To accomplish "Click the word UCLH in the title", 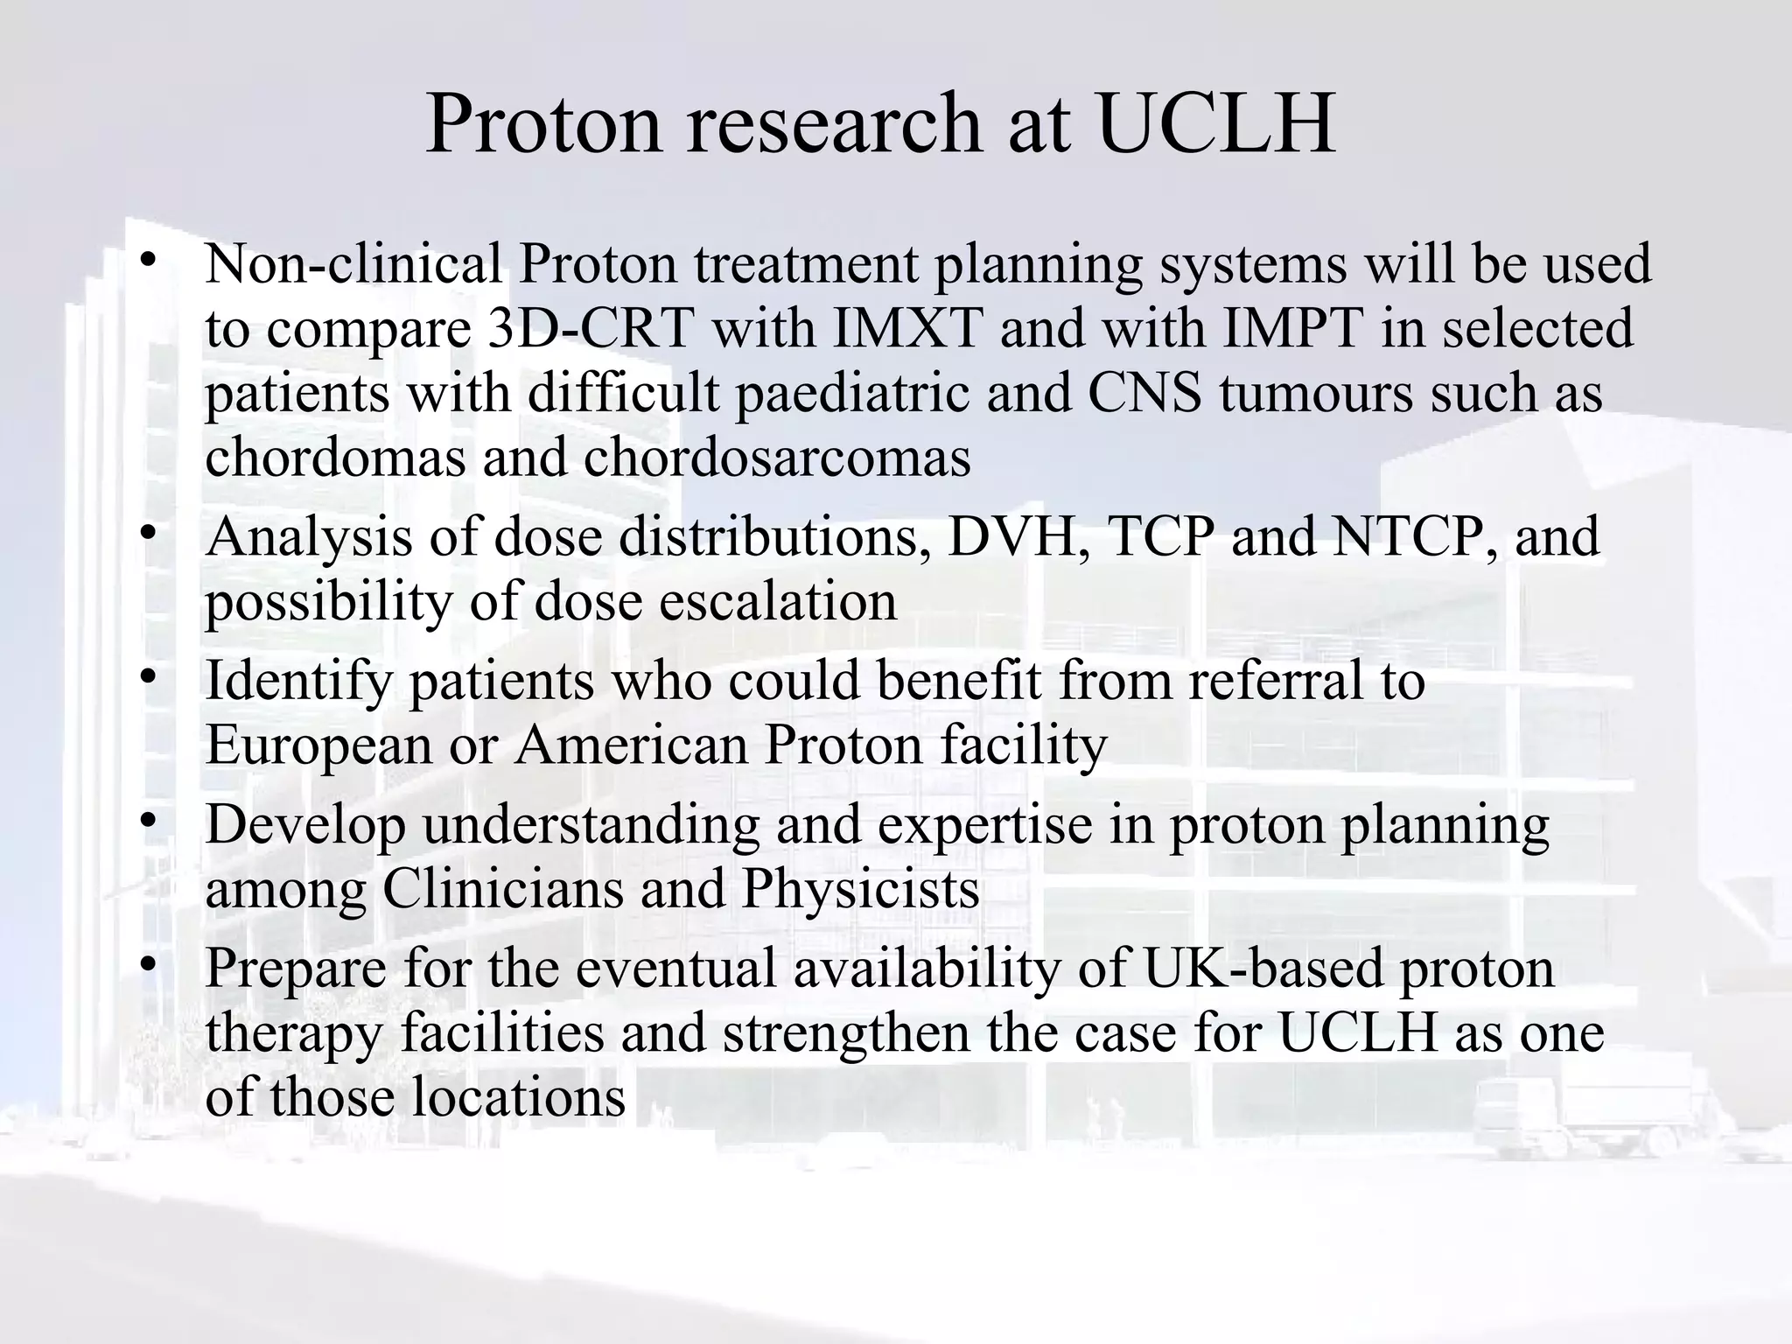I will tap(1217, 124).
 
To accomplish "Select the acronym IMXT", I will tap(906, 328).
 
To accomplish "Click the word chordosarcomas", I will tap(777, 458).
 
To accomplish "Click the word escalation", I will tap(778, 602).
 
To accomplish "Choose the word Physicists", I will tap(860, 890).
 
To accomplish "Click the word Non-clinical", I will tap(353, 263).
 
